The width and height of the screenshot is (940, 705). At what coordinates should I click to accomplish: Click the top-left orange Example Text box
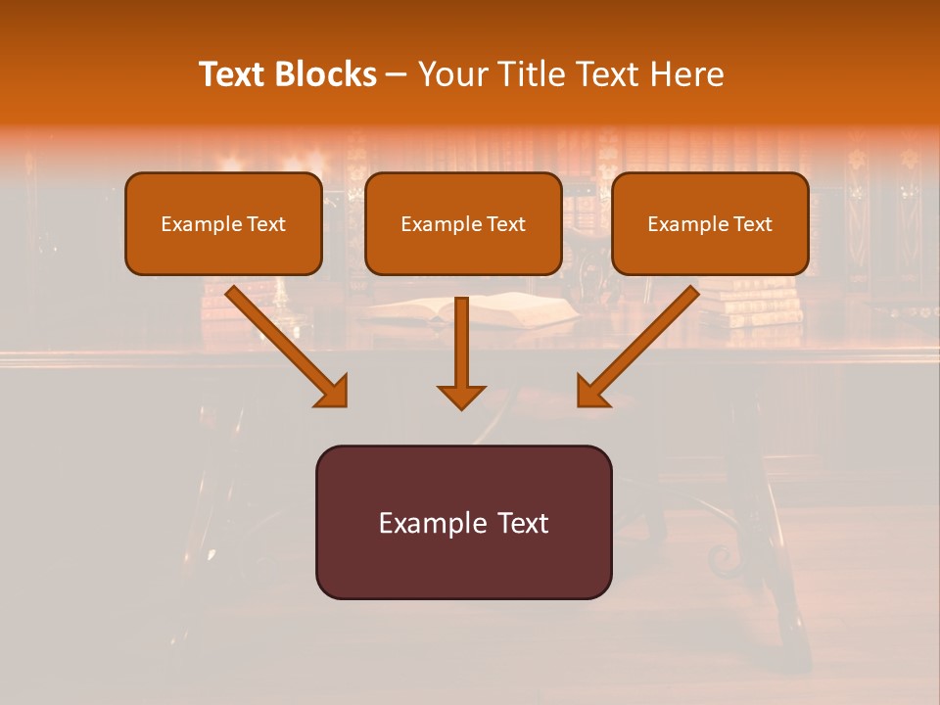tap(223, 224)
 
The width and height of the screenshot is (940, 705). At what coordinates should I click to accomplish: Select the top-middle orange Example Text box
tap(463, 224)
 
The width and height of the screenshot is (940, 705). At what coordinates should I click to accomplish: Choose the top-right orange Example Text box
tap(710, 224)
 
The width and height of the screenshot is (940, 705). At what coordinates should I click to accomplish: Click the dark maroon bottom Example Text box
tap(463, 522)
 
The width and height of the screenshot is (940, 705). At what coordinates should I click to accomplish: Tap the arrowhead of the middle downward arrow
tap(461, 396)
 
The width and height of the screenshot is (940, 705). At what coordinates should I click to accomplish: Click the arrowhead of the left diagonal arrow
tap(333, 391)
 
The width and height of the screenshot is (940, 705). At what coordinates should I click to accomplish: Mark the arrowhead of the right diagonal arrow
tap(590, 391)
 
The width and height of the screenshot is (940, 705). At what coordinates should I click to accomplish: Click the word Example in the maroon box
tap(421, 523)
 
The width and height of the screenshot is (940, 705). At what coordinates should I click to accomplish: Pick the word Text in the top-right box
tap(752, 224)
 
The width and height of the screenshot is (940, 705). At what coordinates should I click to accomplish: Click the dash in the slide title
tap(397, 74)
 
